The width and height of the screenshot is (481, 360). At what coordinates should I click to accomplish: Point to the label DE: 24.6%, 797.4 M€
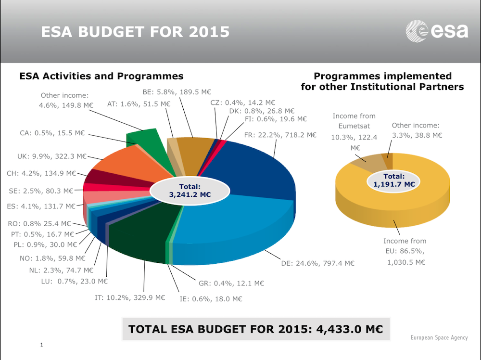pyautogui.click(x=317, y=263)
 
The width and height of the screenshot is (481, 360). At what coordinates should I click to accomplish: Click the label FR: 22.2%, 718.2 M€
pyautogui.click(x=280, y=135)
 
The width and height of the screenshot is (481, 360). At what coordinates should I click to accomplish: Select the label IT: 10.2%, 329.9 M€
pyautogui.click(x=130, y=297)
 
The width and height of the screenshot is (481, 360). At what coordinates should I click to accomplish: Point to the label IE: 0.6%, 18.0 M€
pyautogui.click(x=211, y=299)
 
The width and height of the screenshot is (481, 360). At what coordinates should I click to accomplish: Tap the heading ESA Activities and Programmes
pyautogui.click(x=101, y=76)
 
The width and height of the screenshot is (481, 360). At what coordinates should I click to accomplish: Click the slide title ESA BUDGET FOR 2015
pyautogui.click(x=135, y=32)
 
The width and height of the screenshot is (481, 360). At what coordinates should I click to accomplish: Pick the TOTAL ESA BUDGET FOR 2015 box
pyautogui.click(x=255, y=329)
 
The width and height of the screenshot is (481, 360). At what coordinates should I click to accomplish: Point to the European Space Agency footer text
pyautogui.click(x=439, y=337)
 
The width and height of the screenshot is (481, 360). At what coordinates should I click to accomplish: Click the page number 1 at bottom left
pyautogui.click(x=42, y=345)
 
